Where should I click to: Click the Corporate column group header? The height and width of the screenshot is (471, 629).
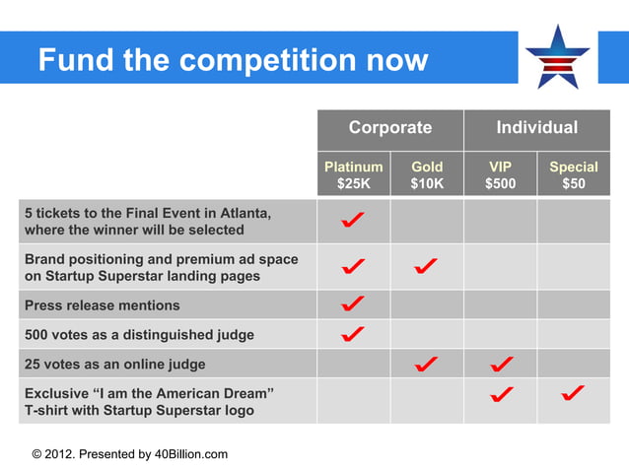point(390,128)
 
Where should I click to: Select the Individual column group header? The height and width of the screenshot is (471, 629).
point(536,128)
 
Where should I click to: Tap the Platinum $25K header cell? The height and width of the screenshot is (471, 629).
point(353,175)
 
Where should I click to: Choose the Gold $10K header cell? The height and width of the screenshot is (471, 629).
point(427,175)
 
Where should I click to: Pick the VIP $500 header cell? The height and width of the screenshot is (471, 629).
point(500,175)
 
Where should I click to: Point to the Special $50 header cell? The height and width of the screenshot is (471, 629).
point(573,175)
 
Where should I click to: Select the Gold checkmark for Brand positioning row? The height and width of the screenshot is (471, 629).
point(427,266)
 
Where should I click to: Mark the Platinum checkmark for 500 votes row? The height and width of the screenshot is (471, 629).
point(353,334)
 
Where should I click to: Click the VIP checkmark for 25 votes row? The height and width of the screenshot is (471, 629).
point(500,364)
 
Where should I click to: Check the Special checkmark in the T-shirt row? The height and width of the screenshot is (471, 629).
point(573,394)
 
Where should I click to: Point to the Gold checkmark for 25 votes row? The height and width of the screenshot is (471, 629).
point(427,364)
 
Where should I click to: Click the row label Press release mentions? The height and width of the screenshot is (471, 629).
point(103,305)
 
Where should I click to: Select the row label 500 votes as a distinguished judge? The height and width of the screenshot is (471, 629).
point(139,335)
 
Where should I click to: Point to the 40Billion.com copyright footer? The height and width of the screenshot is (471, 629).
point(130,454)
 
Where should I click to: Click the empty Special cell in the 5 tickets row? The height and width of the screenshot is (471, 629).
point(573,222)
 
